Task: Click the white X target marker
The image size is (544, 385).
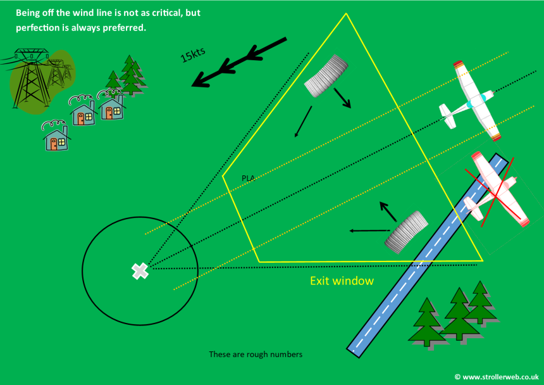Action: click(x=140, y=271)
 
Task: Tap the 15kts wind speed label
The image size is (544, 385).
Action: click(x=193, y=54)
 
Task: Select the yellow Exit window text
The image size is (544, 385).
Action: click(x=342, y=281)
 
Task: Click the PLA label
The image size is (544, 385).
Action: click(x=248, y=179)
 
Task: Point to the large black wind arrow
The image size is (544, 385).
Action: click(x=239, y=62)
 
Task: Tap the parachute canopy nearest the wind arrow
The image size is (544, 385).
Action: click(x=326, y=76)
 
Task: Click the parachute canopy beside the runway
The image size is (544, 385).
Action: click(x=407, y=232)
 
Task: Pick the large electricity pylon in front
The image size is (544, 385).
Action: click(x=31, y=79)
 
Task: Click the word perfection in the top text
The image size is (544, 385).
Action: click(x=38, y=28)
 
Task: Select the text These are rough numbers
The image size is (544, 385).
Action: click(x=256, y=354)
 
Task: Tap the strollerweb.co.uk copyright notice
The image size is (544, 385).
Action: click(x=497, y=377)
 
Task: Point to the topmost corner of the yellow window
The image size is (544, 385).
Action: click(x=346, y=13)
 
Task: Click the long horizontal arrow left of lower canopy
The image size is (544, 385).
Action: click(x=370, y=230)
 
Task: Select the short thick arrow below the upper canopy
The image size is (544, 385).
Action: click(x=342, y=98)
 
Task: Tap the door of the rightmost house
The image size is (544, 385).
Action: click(x=109, y=113)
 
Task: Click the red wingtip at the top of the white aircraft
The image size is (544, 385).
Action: click(x=458, y=64)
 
